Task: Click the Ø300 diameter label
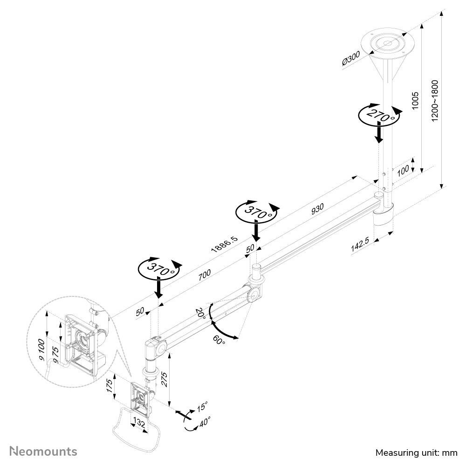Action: point(351,58)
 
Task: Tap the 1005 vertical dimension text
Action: point(415,101)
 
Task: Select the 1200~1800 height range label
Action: point(435,101)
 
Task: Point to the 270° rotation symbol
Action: point(380,115)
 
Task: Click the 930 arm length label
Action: point(317,209)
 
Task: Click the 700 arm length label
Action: point(205,274)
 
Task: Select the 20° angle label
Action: point(200,314)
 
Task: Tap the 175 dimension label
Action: point(110,386)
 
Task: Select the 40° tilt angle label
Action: point(205,421)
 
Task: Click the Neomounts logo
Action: point(43,451)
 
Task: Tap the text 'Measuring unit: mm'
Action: point(416,452)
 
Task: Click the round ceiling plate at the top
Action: point(388,43)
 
